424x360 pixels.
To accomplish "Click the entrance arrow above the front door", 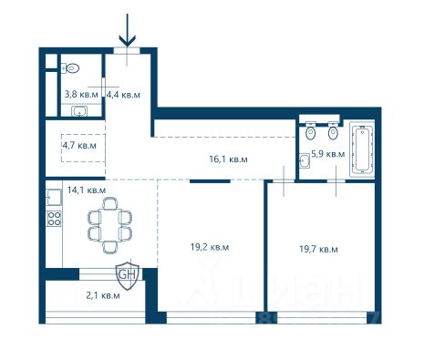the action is [x=128, y=30].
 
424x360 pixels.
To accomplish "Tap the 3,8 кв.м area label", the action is [x=81, y=94].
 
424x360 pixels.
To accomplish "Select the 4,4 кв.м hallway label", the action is [x=123, y=95].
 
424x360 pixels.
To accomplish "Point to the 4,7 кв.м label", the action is [x=79, y=145].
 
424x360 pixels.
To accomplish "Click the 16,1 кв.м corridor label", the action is [x=228, y=159].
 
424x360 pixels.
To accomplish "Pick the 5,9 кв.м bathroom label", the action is [x=328, y=154].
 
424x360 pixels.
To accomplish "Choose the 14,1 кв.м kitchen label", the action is [x=87, y=190].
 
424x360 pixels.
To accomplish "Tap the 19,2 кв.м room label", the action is [x=210, y=247].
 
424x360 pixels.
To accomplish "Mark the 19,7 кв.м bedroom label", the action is [x=318, y=249].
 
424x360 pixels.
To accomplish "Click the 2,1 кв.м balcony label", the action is [x=103, y=295].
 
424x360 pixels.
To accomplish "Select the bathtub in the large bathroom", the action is [x=362, y=149].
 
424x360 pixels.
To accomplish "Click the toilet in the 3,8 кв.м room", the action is [x=70, y=68].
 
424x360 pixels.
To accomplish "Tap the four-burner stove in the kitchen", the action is [x=54, y=219].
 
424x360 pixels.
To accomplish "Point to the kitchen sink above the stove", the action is [x=54, y=197].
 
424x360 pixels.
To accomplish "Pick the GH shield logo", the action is [x=128, y=276].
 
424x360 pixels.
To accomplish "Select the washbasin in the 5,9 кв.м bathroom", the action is [x=305, y=160].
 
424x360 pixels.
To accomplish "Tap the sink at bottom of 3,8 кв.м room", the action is [x=80, y=111].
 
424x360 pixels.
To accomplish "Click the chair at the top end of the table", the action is [x=109, y=203].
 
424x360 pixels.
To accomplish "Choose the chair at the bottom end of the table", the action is [x=109, y=247].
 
